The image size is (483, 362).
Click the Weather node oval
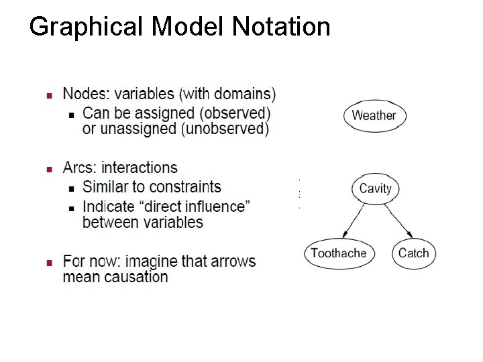click(374, 115)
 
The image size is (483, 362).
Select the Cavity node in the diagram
click(375, 188)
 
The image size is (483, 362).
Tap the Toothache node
click(339, 253)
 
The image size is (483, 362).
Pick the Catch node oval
click(413, 253)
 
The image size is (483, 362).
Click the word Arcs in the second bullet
click(78, 168)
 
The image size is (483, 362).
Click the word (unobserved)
click(226, 128)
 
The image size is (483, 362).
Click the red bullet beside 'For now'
click(49, 261)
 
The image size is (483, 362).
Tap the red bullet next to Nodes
click(49, 94)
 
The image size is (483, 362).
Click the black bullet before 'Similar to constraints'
click(72, 187)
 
